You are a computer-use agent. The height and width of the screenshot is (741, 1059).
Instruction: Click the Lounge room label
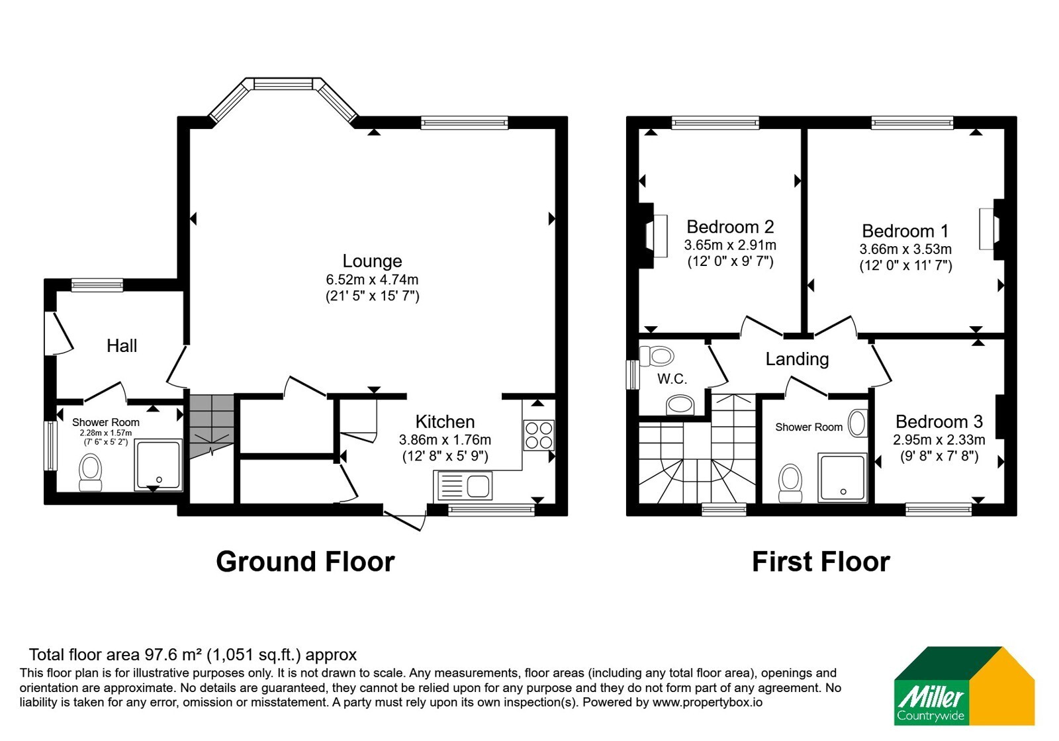point(372,261)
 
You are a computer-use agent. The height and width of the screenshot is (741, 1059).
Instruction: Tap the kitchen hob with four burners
point(539,435)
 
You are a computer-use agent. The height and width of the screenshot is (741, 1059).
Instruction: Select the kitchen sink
point(463,486)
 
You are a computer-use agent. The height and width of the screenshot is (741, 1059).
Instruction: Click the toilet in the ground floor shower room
point(90,472)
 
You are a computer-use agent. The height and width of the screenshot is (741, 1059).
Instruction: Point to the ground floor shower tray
point(158,465)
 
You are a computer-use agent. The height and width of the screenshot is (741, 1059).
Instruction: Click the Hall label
point(122,345)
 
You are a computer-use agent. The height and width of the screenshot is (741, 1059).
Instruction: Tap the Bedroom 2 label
point(730,227)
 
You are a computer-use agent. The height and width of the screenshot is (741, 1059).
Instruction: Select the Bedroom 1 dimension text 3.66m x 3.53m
point(905,249)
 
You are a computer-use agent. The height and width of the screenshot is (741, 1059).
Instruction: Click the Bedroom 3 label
point(939,421)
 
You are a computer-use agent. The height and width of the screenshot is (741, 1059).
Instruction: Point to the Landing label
point(797,359)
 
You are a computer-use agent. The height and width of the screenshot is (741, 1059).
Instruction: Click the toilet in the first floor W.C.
point(656,356)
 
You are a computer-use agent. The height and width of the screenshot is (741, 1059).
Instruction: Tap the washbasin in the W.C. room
point(680,406)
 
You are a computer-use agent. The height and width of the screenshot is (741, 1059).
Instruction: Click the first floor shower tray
point(843,477)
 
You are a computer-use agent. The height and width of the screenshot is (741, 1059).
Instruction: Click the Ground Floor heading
point(305,562)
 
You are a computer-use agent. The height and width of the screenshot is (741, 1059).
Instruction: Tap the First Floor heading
point(821,562)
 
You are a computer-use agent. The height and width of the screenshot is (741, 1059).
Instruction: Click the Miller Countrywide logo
point(964,685)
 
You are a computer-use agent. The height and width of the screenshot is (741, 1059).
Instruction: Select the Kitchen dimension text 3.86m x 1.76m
point(445,440)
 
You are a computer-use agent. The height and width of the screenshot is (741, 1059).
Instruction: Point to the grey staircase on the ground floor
point(212,426)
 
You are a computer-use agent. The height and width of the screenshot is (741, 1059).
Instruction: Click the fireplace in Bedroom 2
point(653,236)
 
